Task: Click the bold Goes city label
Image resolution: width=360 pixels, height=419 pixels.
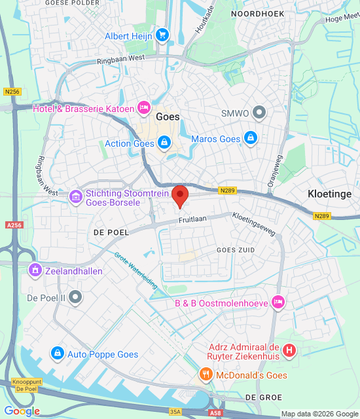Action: click(168, 117)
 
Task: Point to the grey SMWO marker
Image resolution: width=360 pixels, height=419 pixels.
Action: click(260, 113)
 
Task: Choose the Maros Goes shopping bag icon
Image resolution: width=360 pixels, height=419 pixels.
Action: click(249, 139)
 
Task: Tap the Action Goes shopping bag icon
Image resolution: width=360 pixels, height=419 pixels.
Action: click(164, 143)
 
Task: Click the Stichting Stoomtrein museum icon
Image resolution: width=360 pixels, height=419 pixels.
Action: click(76, 194)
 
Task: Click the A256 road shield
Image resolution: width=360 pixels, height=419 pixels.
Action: click(14, 225)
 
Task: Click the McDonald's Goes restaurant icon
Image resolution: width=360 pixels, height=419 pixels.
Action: click(206, 375)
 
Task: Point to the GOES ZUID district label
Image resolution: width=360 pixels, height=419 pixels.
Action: click(236, 249)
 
